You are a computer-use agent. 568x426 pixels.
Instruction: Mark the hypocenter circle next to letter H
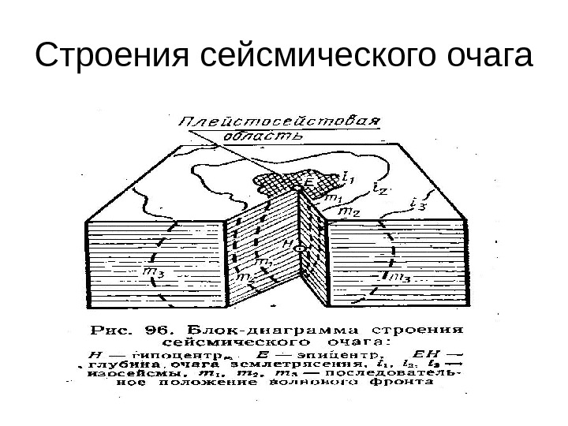(x=301, y=248)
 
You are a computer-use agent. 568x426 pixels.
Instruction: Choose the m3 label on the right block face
(x=397, y=277)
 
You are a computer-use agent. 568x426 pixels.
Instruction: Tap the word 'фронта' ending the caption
(x=409, y=384)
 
